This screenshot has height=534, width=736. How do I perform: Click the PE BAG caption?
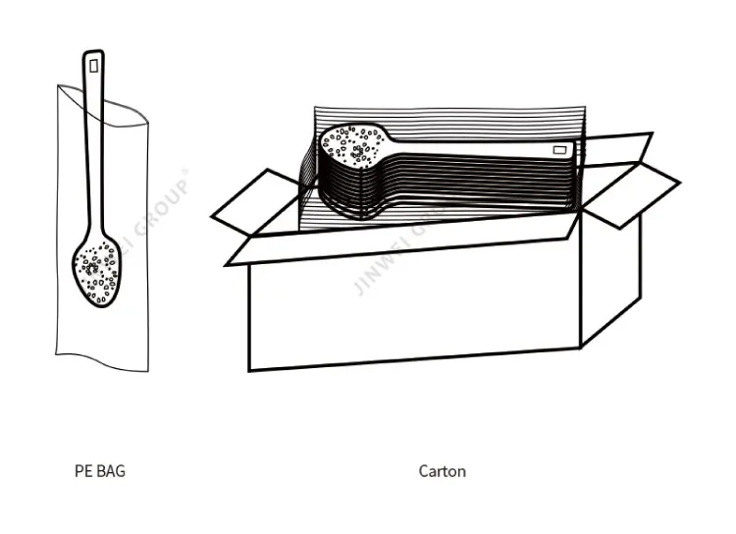coord(100,471)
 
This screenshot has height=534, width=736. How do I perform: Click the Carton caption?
coord(442,471)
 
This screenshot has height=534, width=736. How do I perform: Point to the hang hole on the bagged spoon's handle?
coord(93,66)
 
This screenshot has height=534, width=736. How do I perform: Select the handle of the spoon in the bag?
coord(94,147)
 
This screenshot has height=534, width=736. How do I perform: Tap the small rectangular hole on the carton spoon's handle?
coord(560,150)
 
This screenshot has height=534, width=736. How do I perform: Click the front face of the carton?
coord(412,304)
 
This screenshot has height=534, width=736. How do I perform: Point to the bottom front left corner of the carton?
coord(249,370)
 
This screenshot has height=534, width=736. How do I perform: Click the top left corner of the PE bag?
coord(58,86)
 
